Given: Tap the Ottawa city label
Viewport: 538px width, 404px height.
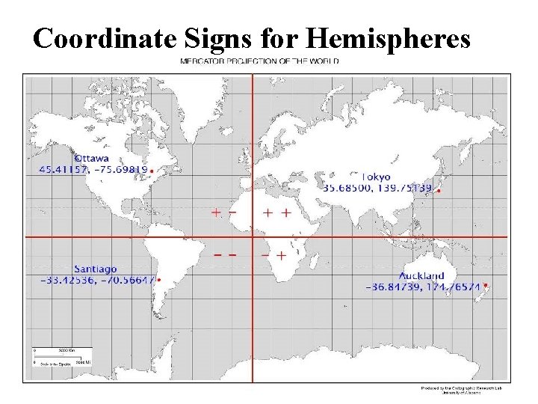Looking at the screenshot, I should (x=91, y=158).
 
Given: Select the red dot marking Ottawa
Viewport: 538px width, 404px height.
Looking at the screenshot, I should (x=152, y=171).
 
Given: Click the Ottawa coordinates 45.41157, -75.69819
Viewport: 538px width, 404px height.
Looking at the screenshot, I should (x=93, y=170).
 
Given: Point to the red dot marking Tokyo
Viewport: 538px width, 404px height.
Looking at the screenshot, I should (x=439, y=191).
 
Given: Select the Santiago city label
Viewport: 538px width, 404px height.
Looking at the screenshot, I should (x=95, y=269).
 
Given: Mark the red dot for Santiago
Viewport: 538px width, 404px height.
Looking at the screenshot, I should (x=159, y=281).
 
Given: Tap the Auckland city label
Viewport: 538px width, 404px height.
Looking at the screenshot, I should (x=421, y=275).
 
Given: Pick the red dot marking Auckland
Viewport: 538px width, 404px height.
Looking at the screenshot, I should (x=486, y=285).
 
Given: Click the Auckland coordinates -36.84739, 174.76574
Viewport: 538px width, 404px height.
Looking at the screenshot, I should (x=423, y=287).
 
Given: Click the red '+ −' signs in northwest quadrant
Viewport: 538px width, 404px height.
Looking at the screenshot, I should (x=223, y=212).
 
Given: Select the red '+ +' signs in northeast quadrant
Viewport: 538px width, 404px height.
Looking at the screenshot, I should (x=276, y=212).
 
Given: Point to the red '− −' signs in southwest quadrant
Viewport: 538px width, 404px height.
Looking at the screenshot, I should (x=225, y=255).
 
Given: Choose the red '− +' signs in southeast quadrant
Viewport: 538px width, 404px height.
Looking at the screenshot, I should (x=274, y=255).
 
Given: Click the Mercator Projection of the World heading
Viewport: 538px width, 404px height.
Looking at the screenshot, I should (x=259, y=61).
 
